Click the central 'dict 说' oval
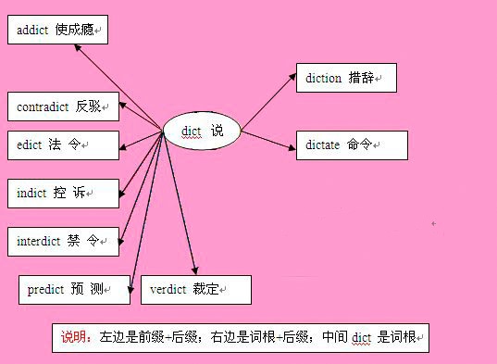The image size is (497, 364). [x=201, y=132]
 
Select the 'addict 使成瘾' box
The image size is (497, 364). [x=57, y=31]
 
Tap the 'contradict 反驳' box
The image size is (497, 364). [x=62, y=107]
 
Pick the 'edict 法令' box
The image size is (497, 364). [x=62, y=145]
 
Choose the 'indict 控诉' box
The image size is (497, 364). [x=62, y=193]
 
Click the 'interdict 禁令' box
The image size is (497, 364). [x=62, y=241]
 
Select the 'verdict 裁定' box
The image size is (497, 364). [x=195, y=289]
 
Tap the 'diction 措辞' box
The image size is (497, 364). [x=346, y=78]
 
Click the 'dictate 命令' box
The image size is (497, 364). [x=351, y=145]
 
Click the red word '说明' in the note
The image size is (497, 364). [x=73, y=337]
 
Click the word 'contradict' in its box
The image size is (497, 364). [x=43, y=107]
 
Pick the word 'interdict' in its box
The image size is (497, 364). [x=39, y=241]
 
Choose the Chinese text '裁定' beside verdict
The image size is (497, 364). [x=206, y=289]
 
